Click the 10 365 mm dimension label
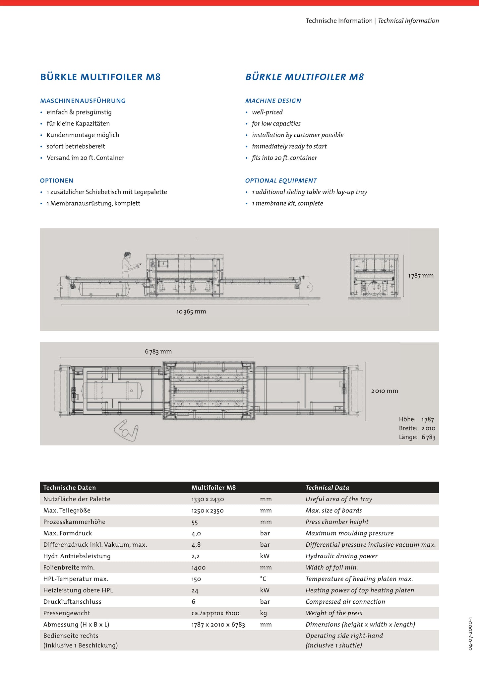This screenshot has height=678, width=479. pos(191,311)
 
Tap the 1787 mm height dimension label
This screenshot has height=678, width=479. pos(421,276)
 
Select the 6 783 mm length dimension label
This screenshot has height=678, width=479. pos(158,351)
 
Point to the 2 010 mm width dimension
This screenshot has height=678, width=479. pos(385,391)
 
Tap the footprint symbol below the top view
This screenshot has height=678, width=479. pos(126,430)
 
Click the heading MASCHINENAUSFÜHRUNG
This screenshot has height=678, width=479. pos(83,101)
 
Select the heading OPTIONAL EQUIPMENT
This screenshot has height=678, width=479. pos(281,181)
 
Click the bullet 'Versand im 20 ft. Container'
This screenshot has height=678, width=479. pos(85,158)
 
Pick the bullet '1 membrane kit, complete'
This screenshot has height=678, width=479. pos(287,203)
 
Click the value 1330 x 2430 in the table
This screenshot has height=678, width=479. pos(208,499)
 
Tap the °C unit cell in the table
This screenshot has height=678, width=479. pos(263,579)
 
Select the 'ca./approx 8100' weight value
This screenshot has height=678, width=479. pos(215,613)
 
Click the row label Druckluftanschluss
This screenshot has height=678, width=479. pos(72,602)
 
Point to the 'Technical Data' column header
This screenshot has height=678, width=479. pos(327,488)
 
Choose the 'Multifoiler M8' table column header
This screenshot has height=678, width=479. pos(213,488)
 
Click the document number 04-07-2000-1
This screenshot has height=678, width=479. pos(470,634)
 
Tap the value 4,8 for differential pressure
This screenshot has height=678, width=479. pos(196,545)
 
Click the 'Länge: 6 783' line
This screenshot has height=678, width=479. pos(417,437)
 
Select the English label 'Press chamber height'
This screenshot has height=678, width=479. pos(337,522)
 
